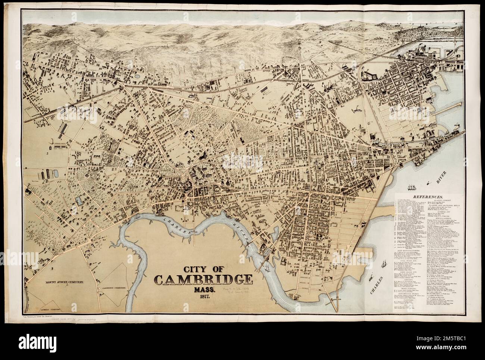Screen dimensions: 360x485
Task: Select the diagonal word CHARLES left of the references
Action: [x=377, y=285]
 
